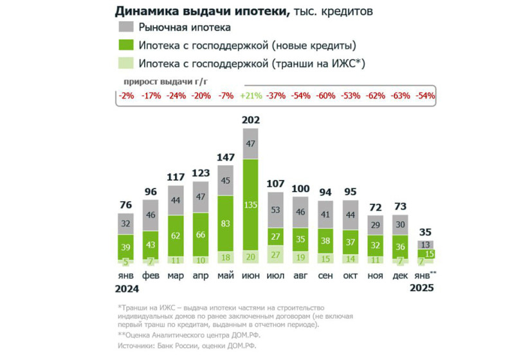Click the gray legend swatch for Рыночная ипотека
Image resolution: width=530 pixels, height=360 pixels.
pyautogui.click(x=126, y=27)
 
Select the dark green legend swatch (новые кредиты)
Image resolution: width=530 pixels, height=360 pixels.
pyautogui.click(x=126, y=46)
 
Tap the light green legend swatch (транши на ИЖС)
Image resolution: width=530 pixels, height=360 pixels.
pyautogui.click(x=126, y=64)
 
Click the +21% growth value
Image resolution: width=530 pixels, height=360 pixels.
pyautogui.click(x=251, y=95)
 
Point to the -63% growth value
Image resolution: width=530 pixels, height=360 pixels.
pyautogui.click(x=401, y=95)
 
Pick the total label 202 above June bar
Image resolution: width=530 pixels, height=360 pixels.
pyautogui.click(x=251, y=120)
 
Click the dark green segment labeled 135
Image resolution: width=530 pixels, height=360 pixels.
pyautogui.click(x=251, y=205)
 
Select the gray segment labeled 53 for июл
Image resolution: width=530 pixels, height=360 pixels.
pyautogui.click(x=276, y=210)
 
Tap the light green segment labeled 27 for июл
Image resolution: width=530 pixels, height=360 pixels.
pyautogui.click(x=276, y=255)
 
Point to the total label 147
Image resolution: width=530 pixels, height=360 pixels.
pyautogui.click(x=226, y=156)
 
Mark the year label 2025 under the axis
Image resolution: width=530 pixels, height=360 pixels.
pyautogui.click(x=421, y=288)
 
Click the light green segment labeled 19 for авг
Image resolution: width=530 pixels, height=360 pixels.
pyautogui.click(x=301, y=256)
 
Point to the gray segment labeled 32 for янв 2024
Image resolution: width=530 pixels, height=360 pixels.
pyautogui.click(x=125, y=224)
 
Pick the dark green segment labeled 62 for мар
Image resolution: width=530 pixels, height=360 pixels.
pyautogui.click(x=176, y=235)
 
